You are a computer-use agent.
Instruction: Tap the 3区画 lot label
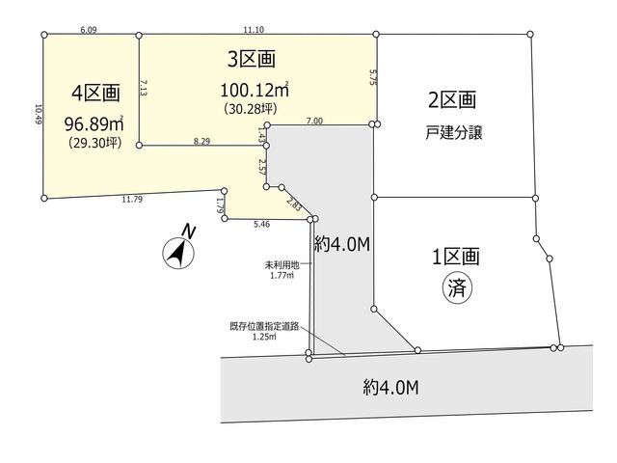pyautogui.click(x=251, y=59)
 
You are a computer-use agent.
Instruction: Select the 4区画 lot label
pyautogui.click(x=95, y=94)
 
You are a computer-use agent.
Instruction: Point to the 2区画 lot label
pyautogui.click(x=452, y=99)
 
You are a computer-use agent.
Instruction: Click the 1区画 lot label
pyautogui.click(x=456, y=257)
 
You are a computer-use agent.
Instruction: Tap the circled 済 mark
pyautogui.click(x=458, y=287)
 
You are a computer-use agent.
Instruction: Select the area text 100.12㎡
pyautogui.click(x=255, y=90)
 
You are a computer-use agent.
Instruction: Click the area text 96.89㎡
pyautogui.click(x=94, y=124)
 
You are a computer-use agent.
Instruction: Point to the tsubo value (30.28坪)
pyautogui.click(x=251, y=108)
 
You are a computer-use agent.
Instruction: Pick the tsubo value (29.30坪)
pyautogui.click(x=95, y=142)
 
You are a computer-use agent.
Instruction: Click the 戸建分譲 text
pyautogui.click(x=454, y=133)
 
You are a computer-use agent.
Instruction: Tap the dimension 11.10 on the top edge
pyautogui.click(x=254, y=30)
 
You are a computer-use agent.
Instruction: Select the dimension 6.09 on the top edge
pyautogui.click(x=89, y=30)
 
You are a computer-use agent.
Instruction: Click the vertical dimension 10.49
pyautogui.click(x=39, y=114)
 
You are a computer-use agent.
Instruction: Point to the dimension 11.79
pyautogui.click(x=132, y=200)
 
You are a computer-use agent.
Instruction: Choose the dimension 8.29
pyautogui.click(x=201, y=141)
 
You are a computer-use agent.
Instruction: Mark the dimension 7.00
pyautogui.click(x=314, y=121)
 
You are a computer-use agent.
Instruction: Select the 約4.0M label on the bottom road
pyautogui.click(x=391, y=388)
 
